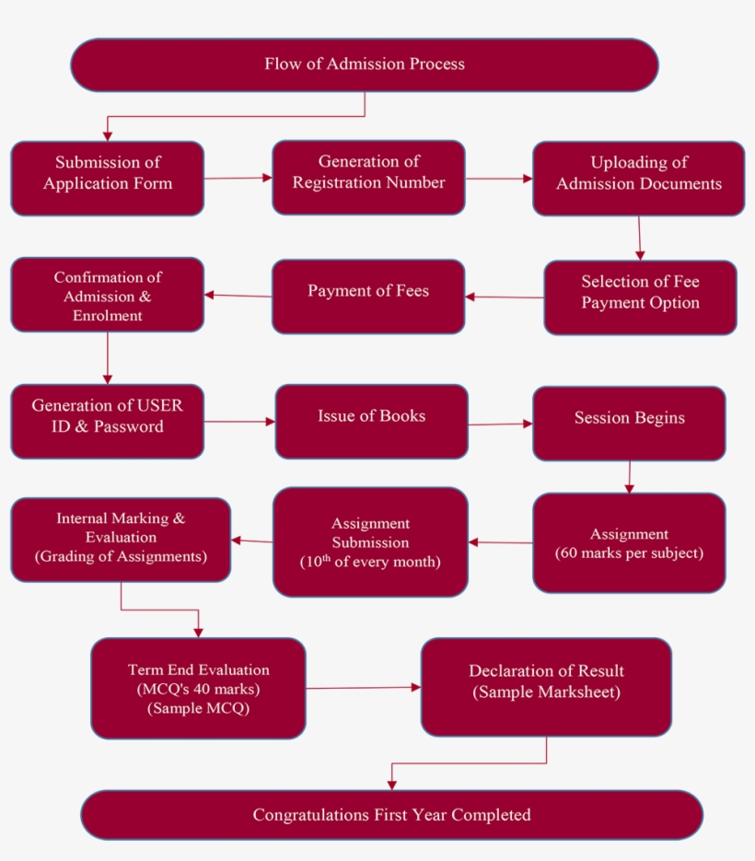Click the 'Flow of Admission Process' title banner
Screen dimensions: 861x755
(365, 64)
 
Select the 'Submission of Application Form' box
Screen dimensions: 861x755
(108, 178)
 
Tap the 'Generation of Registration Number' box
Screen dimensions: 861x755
(368, 177)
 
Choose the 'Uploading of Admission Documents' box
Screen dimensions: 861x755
(638, 179)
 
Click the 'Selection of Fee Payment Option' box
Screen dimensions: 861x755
(640, 297)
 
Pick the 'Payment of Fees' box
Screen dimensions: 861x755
(368, 296)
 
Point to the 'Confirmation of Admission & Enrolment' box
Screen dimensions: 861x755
(108, 294)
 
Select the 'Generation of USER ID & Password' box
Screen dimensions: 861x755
(108, 421)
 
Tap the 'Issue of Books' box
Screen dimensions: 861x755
(371, 421)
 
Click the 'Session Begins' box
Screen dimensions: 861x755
(629, 423)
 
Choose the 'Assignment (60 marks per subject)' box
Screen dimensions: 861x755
(629, 542)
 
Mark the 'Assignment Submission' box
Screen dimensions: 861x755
(370, 541)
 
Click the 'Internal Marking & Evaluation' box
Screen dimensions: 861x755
(121, 540)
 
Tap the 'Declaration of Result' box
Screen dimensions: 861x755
(546, 687)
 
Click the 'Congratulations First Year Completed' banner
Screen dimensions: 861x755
(391, 815)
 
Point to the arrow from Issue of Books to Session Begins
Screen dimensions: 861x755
(500, 425)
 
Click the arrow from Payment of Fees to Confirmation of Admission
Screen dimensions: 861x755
(238, 296)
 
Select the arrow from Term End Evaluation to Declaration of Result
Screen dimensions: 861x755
(363, 688)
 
